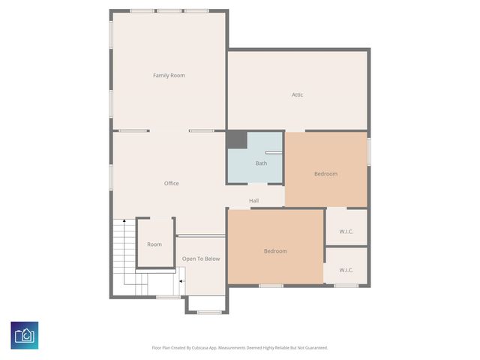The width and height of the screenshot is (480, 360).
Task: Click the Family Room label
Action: click(169, 76)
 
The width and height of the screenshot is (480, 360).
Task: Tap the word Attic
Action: click(297, 94)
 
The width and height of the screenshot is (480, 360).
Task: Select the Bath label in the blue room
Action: click(261, 163)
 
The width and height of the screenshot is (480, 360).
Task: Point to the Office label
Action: click(171, 184)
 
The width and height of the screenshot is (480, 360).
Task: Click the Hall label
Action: click(253, 200)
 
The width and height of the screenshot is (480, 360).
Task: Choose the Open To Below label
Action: click(201, 259)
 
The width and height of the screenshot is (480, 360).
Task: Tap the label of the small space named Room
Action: click(154, 244)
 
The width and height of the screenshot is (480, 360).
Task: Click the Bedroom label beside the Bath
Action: click(325, 174)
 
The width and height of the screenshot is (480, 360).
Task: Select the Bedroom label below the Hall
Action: click(275, 251)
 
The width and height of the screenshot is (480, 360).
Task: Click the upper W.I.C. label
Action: click(346, 232)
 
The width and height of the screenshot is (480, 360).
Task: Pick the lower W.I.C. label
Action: click(346, 270)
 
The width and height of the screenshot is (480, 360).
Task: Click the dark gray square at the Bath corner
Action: click(236, 140)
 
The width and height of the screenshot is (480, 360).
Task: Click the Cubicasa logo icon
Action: click(25, 334)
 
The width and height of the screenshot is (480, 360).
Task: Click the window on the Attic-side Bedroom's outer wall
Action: click(369, 150)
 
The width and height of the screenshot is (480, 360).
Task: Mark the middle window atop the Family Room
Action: click(169, 11)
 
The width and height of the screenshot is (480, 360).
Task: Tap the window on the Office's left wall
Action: click(111, 177)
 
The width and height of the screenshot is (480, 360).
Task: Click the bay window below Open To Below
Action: click(209, 311)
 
